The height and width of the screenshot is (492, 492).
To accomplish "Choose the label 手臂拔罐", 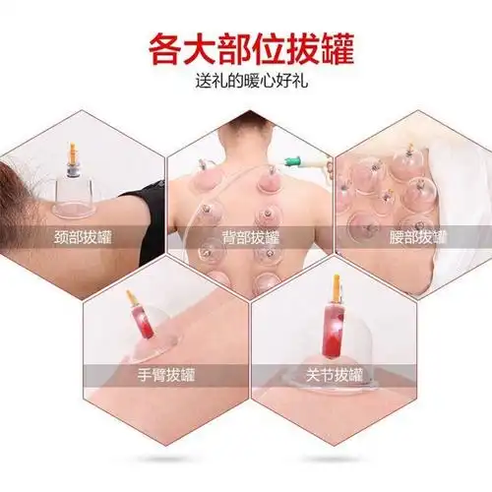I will click(164, 375).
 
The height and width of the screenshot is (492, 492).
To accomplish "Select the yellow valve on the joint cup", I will click(336, 286).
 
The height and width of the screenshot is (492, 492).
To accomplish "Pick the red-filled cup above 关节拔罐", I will click(333, 330).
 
